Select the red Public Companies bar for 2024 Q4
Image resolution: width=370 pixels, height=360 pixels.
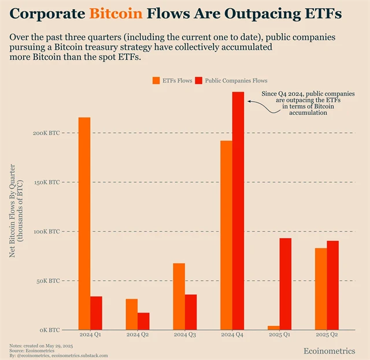(x=238, y=211)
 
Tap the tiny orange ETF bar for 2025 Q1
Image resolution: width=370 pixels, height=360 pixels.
(x=273, y=328)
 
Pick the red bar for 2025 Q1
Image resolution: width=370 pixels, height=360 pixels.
(x=286, y=284)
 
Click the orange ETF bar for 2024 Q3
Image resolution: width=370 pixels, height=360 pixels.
(x=179, y=296)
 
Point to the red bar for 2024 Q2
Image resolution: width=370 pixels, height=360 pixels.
(x=143, y=321)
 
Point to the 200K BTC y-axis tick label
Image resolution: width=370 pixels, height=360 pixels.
(x=46, y=133)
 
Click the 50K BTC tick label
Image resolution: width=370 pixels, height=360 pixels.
(x=47, y=281)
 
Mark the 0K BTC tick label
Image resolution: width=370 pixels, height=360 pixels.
(x=49, y=330)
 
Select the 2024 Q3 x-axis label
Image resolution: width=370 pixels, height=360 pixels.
(x=184, y=335)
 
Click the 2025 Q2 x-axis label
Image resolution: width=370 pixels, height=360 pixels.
(x=327, y=335)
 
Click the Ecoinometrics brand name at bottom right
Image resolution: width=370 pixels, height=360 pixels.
(x=330, y=351)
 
